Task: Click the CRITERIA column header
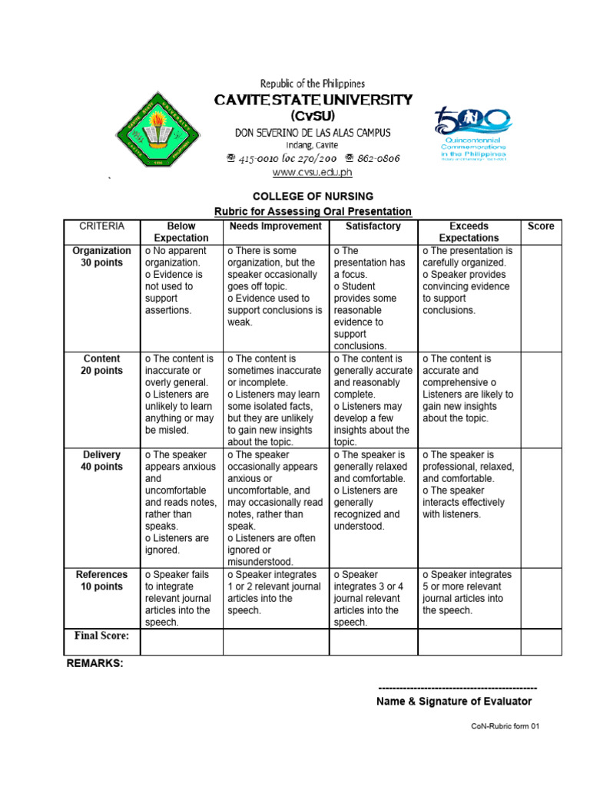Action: coord(101,226)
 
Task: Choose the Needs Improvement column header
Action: coord(276,226)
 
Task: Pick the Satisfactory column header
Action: coord(373,226)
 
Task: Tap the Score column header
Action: coord(541,226)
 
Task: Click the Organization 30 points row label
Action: coord(101,256)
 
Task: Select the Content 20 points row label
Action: coord(101,365)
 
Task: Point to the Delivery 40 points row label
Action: coord(101,461)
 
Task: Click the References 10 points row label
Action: coord(101,580)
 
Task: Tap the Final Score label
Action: coord(101,636)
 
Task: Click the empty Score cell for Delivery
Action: coord(541,508)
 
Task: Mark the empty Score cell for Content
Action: coord(541,400)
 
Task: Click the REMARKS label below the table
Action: coord(95,663)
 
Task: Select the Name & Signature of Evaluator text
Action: coord(454,702)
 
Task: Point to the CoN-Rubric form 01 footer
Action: coord(506,726)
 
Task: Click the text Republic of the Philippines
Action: coord(313,84)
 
